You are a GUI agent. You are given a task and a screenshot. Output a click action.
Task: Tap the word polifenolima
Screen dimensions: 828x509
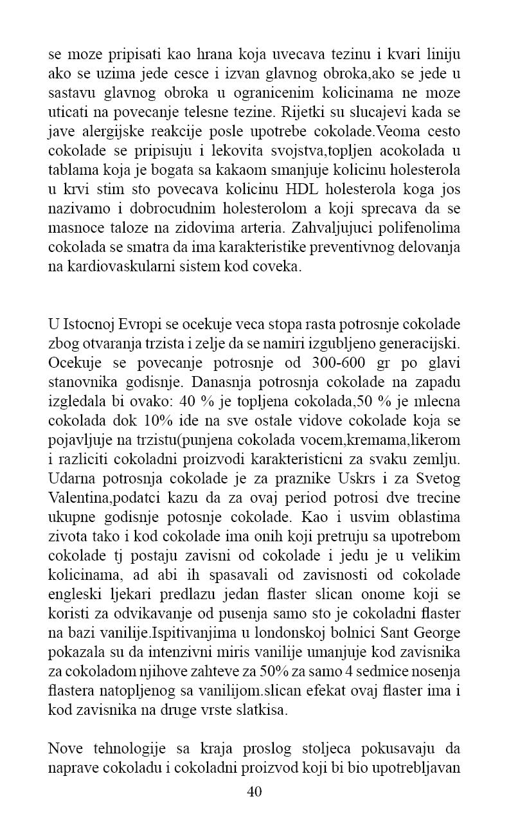(424, 228)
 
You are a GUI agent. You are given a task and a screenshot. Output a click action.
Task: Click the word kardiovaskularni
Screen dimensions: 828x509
(112, 267)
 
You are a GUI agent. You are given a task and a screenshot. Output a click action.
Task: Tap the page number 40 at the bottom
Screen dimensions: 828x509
(254, 791)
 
